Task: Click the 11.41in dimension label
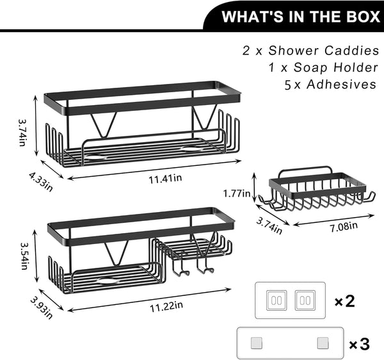pos(165,178)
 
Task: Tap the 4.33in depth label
pos(41,181)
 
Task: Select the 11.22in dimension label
pos(166,306)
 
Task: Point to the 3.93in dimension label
pos(42,308)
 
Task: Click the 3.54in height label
pos(24,256)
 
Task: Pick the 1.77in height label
pos(237,193)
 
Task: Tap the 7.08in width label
pos(344,227)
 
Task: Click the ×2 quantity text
pos(344,301)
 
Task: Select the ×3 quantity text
pos(359,344)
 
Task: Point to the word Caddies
pos(351,51)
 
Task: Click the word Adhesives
pos(341,84)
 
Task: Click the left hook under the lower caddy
pos(180,270)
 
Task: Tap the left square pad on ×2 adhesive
pos(276,300)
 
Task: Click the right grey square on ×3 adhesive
pos(323,343)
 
